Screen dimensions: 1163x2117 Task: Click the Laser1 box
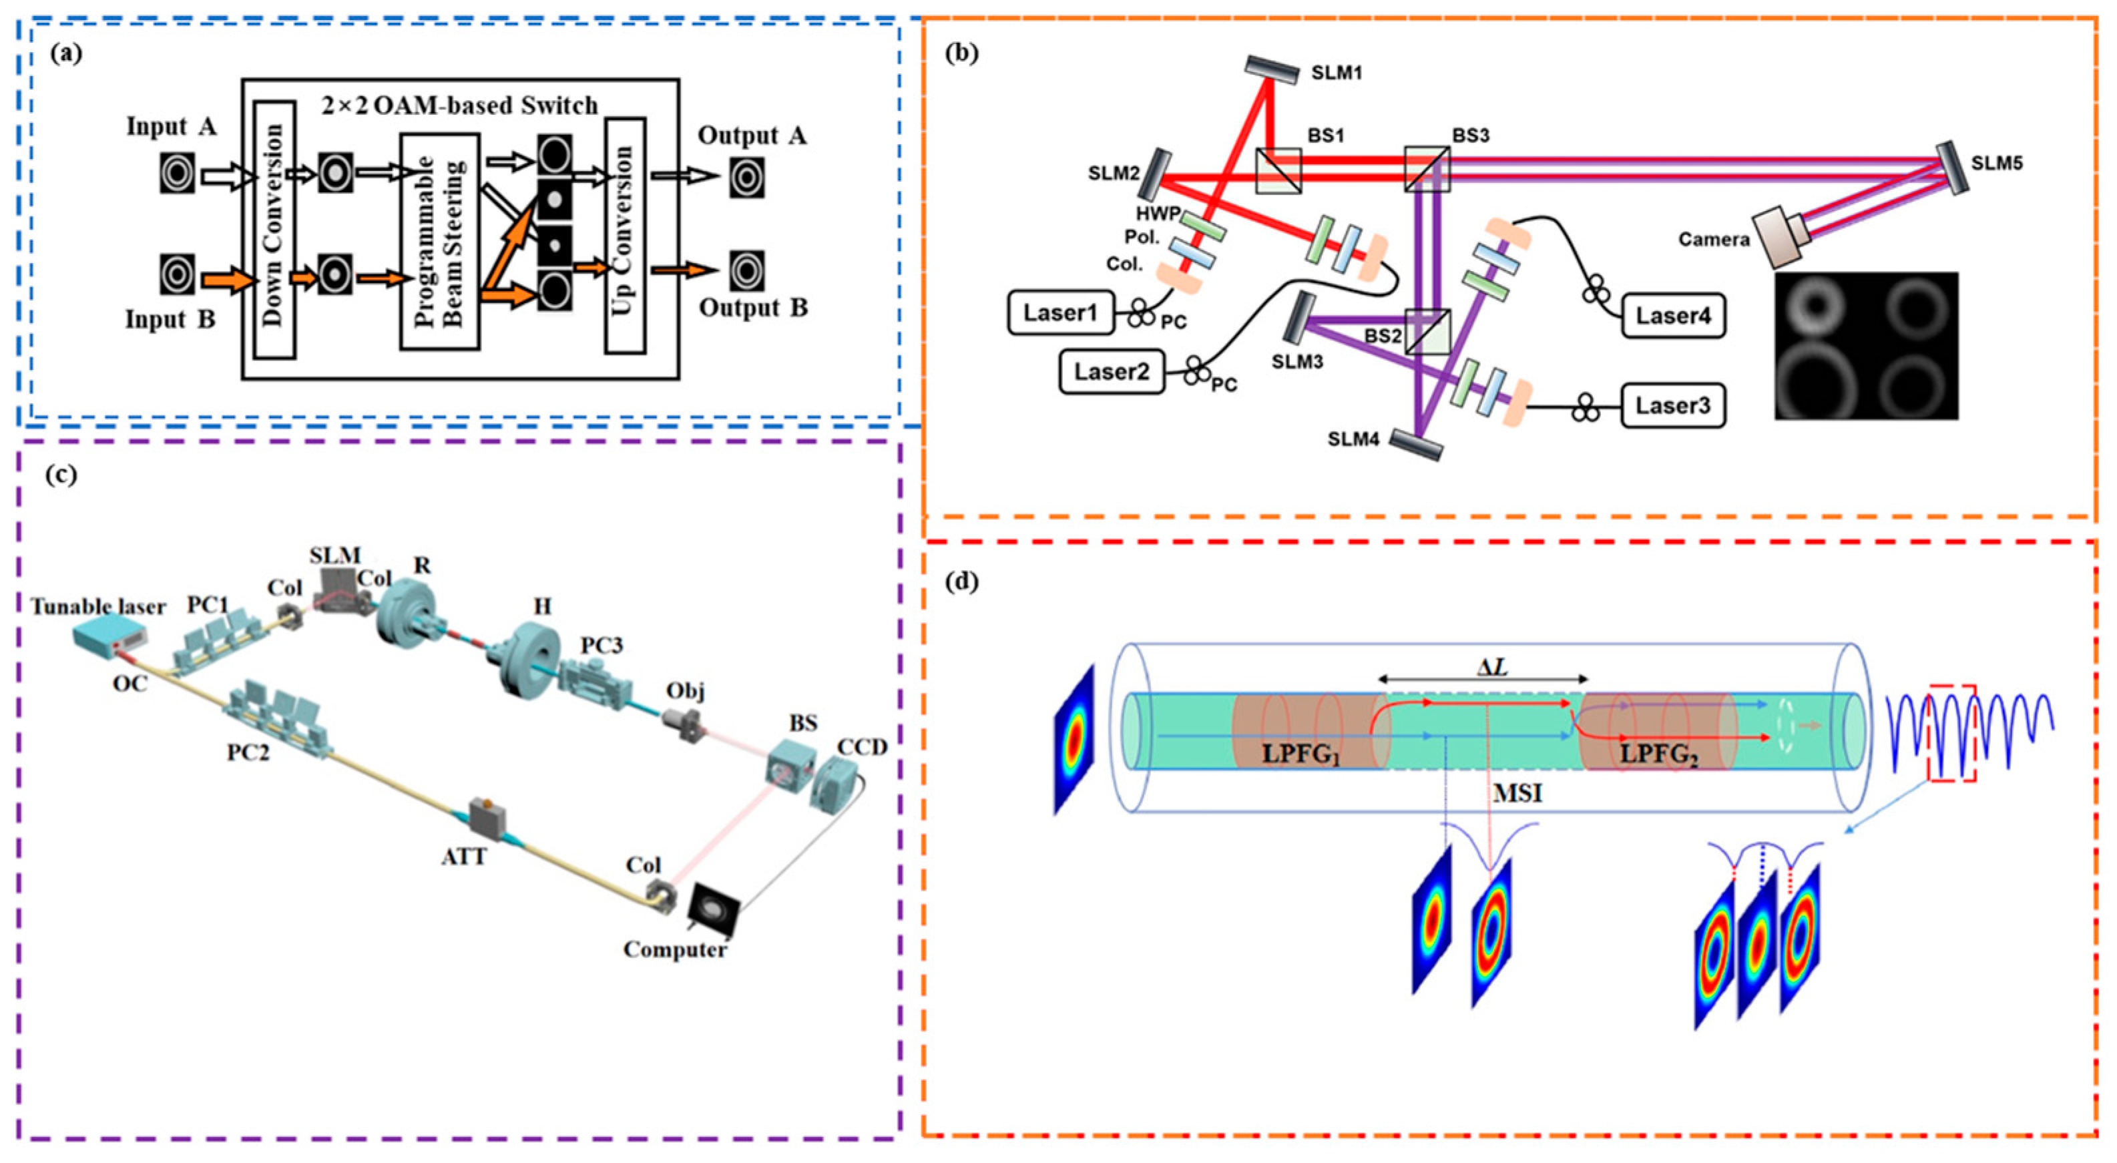1060,313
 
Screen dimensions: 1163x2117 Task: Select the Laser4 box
1672,316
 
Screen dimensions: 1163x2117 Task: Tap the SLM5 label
1997,164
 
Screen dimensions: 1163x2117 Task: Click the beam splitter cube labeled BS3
1426,170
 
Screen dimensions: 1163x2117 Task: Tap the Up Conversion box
625,236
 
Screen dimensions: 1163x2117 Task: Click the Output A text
752,136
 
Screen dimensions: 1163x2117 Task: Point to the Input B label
170,319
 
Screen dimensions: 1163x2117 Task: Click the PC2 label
248,751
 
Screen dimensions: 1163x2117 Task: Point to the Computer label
675,949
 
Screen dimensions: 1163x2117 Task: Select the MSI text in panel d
1517,793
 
